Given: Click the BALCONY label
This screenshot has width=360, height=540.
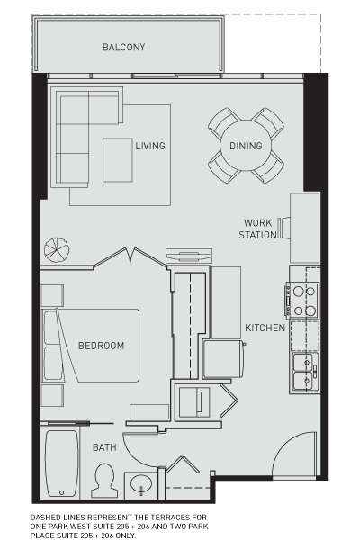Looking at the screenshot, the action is click(x=123, y=47).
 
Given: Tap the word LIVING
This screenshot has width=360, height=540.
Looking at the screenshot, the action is click(x=150, y=146).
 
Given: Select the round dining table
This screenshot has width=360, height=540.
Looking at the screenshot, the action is click(x=246, y=146).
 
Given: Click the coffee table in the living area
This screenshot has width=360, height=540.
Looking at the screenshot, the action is click(x=118, y=160).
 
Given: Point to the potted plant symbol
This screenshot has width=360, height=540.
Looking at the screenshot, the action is click(x=57, y=249).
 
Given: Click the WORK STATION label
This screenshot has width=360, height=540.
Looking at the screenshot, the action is click(x=257, y=229).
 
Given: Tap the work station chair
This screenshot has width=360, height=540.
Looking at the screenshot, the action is click(x=283, y=228).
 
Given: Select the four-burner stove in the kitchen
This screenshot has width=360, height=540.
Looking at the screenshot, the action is click(x=302, y=301).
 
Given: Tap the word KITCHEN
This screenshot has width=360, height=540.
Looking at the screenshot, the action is click(x=265, y=328).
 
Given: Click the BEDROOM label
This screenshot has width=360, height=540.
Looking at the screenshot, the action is click(x=102, y=346).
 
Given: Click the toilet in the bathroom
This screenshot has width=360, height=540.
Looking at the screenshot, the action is click(x=104, y=481).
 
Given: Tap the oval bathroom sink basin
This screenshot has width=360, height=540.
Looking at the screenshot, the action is click(x=141, y=483).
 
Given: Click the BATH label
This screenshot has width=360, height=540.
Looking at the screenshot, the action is click(x=104, y=447).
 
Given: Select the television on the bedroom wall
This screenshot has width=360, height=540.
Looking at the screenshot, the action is click(x=189, y=256).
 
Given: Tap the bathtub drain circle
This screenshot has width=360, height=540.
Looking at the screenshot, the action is click(x=62, y=493).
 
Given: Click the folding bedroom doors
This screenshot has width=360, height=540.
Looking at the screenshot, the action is click(x=130, y=256).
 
